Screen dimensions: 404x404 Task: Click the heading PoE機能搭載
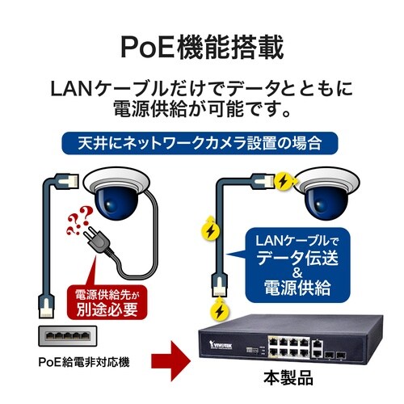click(x=202, y=47)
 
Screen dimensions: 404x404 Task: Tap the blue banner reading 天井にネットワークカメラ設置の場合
click(x=200, y=143)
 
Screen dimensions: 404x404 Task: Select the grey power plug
click(x=98, y=240)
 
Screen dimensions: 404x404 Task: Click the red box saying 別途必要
click(x=107, y=302)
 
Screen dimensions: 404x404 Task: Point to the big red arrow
click(x=171, y=361)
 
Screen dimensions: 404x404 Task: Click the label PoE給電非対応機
click(x=84, y=362)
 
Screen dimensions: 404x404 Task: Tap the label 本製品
click(x=288, y=378)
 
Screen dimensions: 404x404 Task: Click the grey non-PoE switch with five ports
click(x=68, y=336)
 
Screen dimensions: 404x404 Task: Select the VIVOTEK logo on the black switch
click(x=221, y=345)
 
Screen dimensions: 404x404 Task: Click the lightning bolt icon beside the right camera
click(x=284, y=181)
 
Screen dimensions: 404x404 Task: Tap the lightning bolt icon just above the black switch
click(x=220, y=310)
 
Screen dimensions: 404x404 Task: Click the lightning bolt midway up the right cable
click(x=211, y=230)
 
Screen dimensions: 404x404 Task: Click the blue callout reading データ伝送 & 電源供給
click(x=297, y=265)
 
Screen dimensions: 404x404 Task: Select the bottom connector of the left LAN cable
click(x=47, y=305)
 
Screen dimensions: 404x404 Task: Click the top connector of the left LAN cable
click(x=67, y=181)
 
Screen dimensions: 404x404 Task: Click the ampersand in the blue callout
click(x=297, y=273)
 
